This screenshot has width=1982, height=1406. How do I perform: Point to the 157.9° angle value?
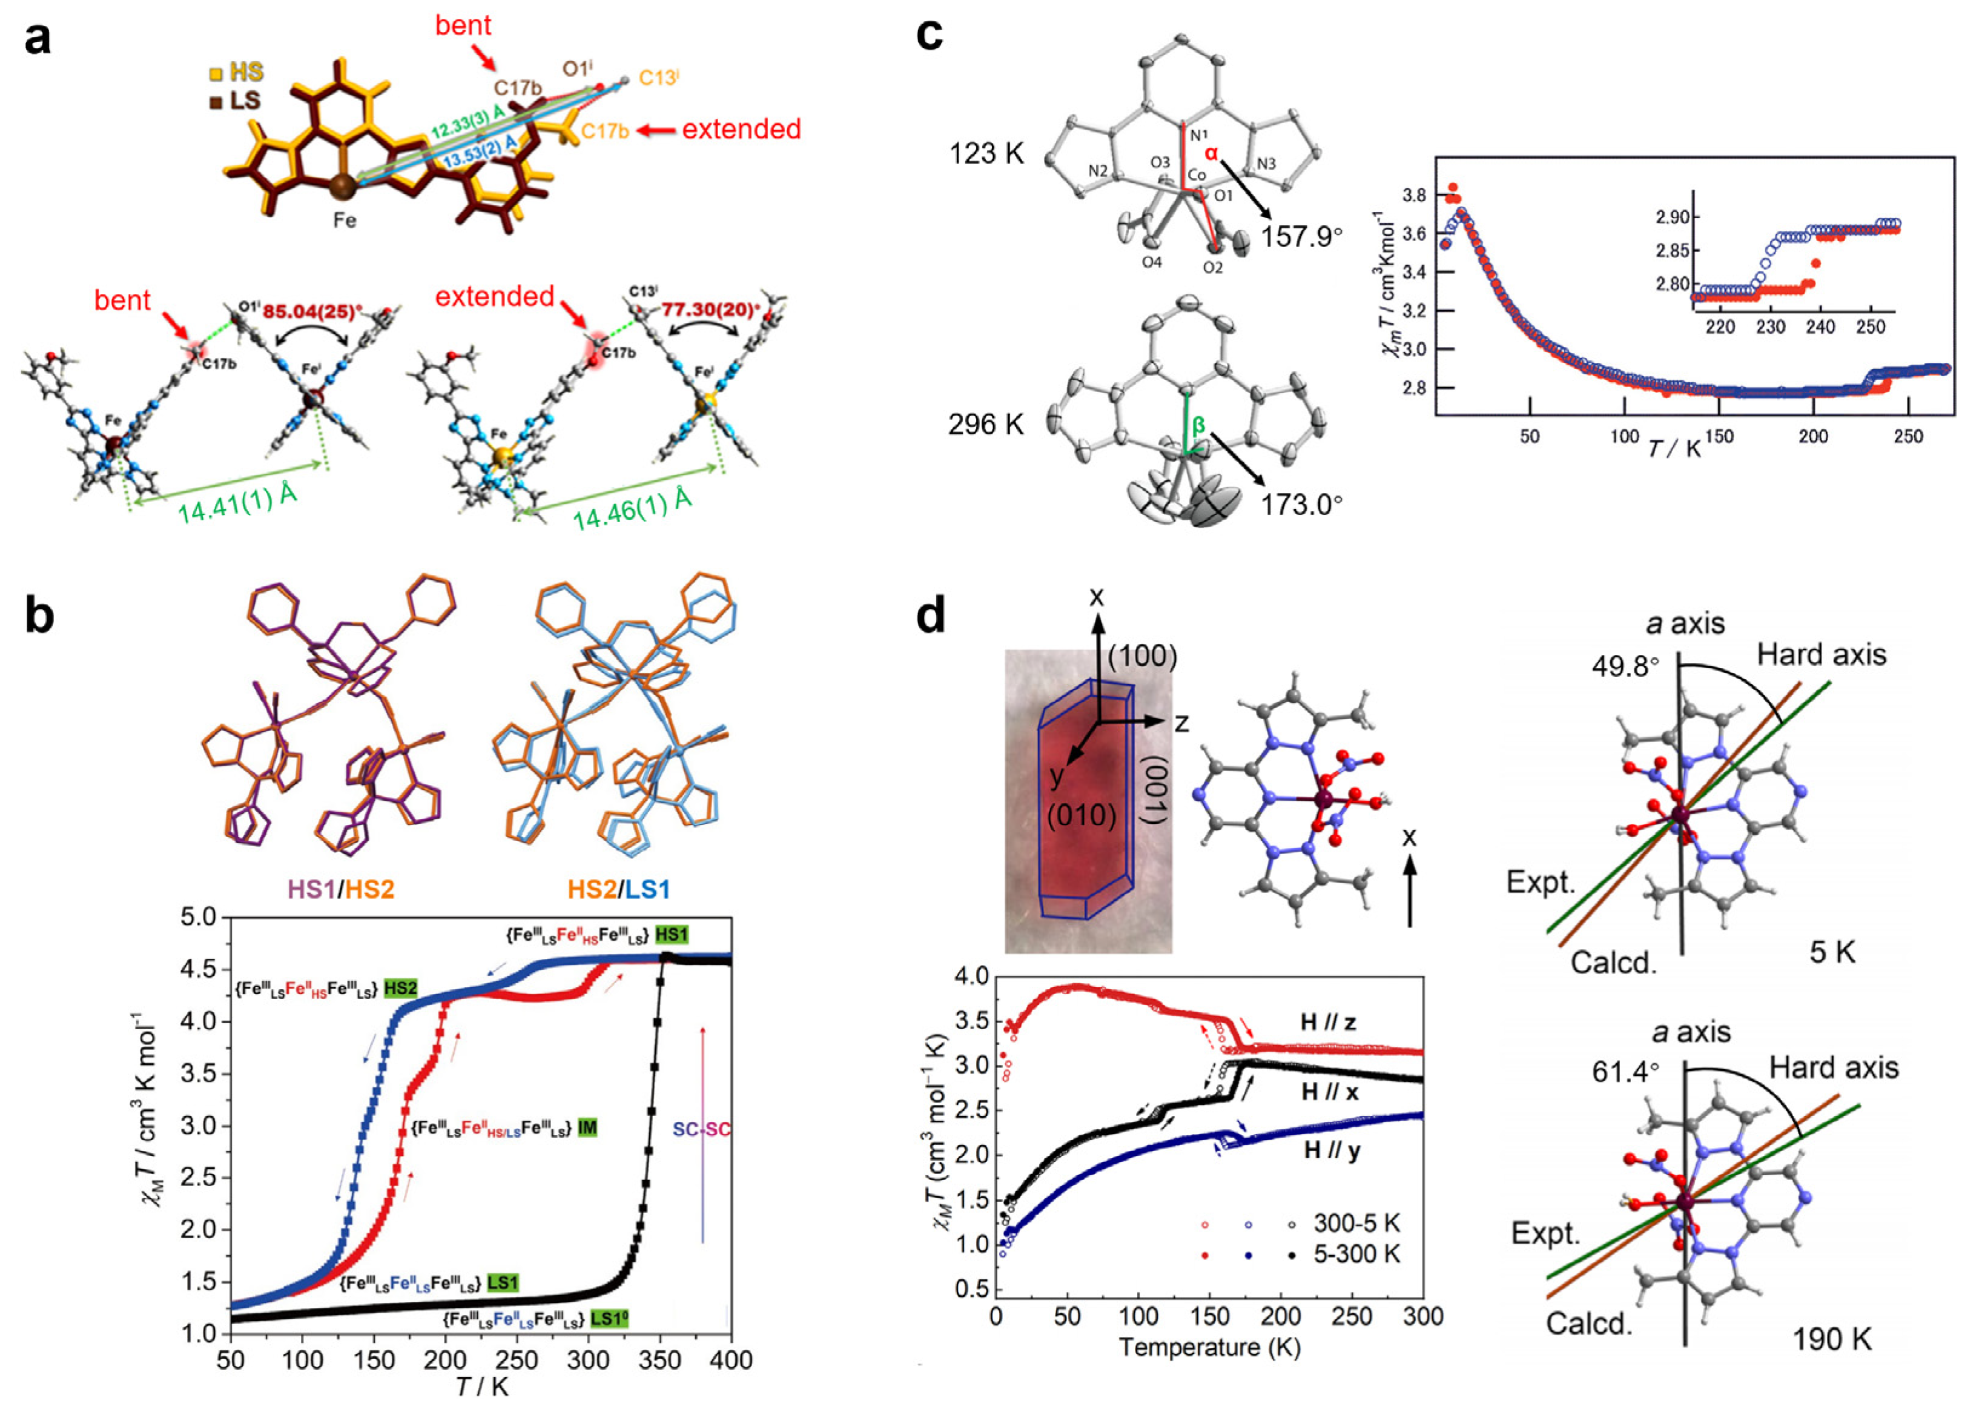(1301, 236)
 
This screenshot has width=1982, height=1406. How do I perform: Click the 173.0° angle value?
(1301, 505)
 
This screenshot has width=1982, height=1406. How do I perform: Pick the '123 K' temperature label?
(986, 154)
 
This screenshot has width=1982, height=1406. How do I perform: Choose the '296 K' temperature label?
(986, 424)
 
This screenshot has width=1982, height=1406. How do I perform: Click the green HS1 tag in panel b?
(672, 935)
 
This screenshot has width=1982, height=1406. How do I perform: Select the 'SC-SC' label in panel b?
(701, 1130)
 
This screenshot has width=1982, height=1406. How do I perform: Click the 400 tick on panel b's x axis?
(732, 1360)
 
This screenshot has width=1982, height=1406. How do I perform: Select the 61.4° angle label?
(1625, 1072)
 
